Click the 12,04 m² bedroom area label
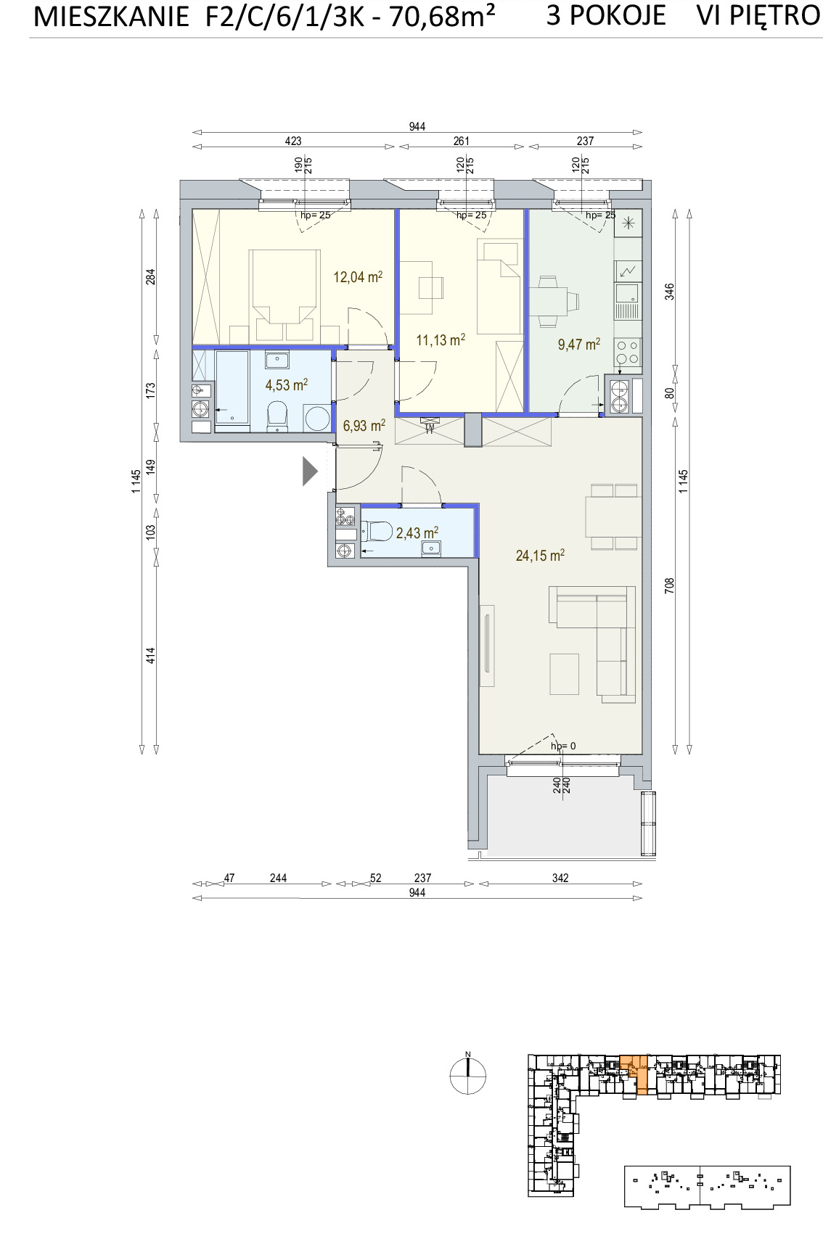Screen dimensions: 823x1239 point(358,276)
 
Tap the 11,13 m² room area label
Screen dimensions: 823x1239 point(441,339)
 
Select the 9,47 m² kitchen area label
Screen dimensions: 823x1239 point(579,344)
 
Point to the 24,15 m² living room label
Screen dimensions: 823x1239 point(540,555)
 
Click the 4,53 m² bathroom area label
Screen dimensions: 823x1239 point(286,384)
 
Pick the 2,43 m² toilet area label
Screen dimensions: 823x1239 point(417,532)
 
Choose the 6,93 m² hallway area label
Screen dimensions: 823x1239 point(364,425)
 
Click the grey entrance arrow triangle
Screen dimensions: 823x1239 point(309,472)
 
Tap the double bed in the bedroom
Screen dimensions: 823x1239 point(284,296)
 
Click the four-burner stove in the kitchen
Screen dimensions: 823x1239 point(628,352)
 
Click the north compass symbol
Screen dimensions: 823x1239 point(467,1076)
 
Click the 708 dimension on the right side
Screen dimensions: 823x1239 point(669,585)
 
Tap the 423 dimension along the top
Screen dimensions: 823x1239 point(292,141)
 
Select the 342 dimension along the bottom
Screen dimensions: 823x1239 point(560,878)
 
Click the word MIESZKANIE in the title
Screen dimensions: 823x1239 point(111,17)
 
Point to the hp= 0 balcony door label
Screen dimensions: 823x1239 point(563,746)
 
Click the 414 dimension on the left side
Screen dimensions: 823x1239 point(150,656)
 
